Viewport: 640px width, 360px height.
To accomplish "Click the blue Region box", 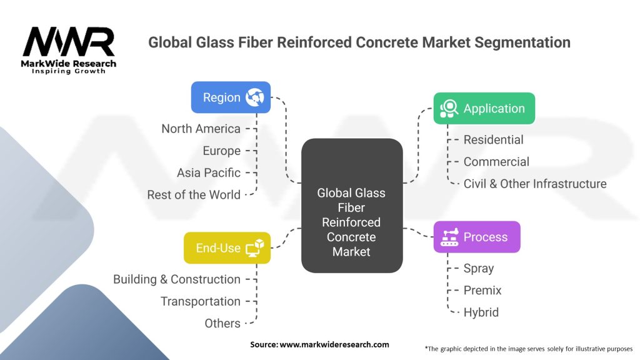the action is (x=231, y=97).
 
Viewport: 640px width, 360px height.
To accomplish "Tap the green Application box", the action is (x=484, y=108).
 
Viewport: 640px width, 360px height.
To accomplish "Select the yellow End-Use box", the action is (x=227, y=247).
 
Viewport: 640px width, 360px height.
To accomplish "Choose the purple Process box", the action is (x=477, y=237).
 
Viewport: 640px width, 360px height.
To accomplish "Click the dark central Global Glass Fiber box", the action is (x=352, y=205).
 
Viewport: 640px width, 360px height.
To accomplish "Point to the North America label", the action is (x=201, y=129).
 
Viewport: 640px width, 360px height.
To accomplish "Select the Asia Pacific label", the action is (x=209, y=172).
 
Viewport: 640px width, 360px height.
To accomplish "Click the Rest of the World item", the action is (x=194, y=195).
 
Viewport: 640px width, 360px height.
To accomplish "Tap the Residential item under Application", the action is (x=494, y=139).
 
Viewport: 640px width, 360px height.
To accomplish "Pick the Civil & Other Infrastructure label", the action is (x=535, y=184).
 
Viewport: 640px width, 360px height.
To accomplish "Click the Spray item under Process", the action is (x=479, y=269).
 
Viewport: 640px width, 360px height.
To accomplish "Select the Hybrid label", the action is (x=481, y=312).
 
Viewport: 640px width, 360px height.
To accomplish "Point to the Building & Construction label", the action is (x=177, y=279).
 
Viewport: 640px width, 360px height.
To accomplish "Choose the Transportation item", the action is (x=201, y=301).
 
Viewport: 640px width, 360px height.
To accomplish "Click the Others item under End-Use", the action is (x=222, y=323).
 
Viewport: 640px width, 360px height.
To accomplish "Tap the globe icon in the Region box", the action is (x=255, y=97).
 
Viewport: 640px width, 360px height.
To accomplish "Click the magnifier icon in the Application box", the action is (x=449, y=108).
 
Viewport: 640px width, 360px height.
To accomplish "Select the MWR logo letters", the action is (x=69, y=41).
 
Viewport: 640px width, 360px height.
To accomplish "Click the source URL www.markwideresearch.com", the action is (x=334, y=344).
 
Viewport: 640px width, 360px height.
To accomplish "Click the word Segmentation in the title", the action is (x=522, y=42).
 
